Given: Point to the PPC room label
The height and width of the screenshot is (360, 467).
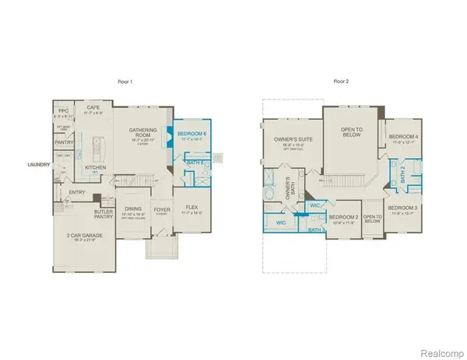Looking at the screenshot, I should click(x=64, y=112).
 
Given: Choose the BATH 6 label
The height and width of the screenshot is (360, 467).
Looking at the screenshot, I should click(x=195, y=163).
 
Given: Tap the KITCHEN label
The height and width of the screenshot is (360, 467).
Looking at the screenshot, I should click(x=95, y=167).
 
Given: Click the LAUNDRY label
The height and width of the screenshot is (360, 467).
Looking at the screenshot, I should click(x=39, y=164).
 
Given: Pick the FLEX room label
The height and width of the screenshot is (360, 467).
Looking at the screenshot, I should click(x=192, y=208).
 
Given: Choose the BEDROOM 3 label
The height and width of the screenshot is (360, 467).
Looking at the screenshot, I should click(x=402, y=208).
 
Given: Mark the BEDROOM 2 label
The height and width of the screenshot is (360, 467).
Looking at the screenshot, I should click(x=342, y=217).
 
